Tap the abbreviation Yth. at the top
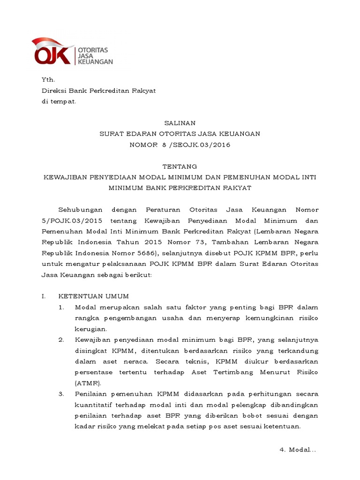(48, 80)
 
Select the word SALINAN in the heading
(180, 123)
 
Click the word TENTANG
(180, 166)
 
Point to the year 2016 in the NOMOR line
(220, 145)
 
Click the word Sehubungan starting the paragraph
(80, 210)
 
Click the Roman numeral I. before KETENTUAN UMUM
(44, 296)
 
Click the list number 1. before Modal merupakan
(61, 307)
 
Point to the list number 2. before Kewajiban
(61, 340)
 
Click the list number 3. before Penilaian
(61, 394)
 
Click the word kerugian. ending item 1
(91, 329)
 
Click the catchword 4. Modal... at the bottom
(298, 450)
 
